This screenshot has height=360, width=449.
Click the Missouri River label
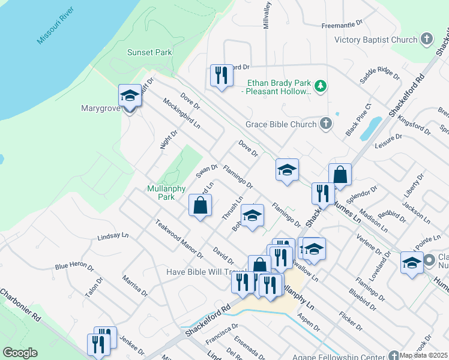55,26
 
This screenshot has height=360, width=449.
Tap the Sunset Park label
149,52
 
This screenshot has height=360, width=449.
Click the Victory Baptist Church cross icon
427,40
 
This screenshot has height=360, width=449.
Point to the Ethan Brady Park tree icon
321,86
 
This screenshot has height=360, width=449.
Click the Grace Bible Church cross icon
325,124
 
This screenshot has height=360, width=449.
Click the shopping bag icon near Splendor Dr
340,175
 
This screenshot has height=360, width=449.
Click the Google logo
20,353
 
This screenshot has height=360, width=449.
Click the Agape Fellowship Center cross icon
394,355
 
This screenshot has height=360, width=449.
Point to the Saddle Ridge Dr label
379,76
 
